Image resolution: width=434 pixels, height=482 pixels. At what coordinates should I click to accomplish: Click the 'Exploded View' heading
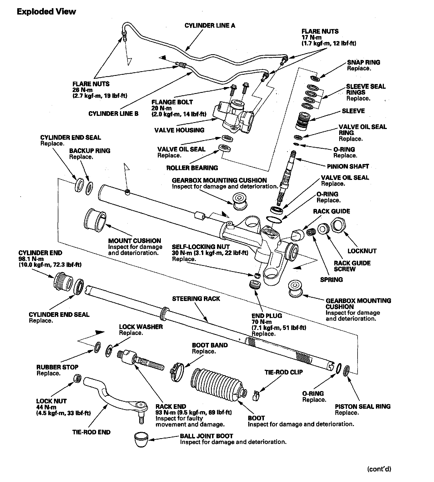46,12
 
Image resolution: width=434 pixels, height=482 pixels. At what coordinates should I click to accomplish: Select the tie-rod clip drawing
256,395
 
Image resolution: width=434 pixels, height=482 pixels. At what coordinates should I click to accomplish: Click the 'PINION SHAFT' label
348,167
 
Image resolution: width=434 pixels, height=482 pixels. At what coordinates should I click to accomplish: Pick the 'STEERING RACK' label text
196,299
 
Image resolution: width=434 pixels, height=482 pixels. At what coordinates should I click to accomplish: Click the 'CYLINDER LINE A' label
210,25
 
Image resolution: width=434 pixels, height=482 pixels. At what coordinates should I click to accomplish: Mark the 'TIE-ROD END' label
92,432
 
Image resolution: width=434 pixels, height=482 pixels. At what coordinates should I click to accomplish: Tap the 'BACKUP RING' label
90,151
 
